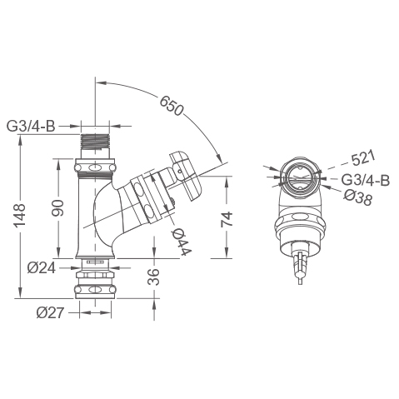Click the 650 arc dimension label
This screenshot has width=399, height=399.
tap(172, 106)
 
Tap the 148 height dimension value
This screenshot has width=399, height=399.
tap(20, 216)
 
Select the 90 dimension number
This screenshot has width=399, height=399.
tap(58, 207)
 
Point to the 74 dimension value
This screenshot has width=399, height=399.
tap(227, 219)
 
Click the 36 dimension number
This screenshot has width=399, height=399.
tap(153, 277)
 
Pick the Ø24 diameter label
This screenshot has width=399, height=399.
tap(42, 268)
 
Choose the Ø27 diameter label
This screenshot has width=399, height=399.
tap(50, 313)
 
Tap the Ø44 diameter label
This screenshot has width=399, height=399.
tap(182, 242)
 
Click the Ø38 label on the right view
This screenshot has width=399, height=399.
tap(357, 198)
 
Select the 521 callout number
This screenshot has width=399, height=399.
tap(363, 158)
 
